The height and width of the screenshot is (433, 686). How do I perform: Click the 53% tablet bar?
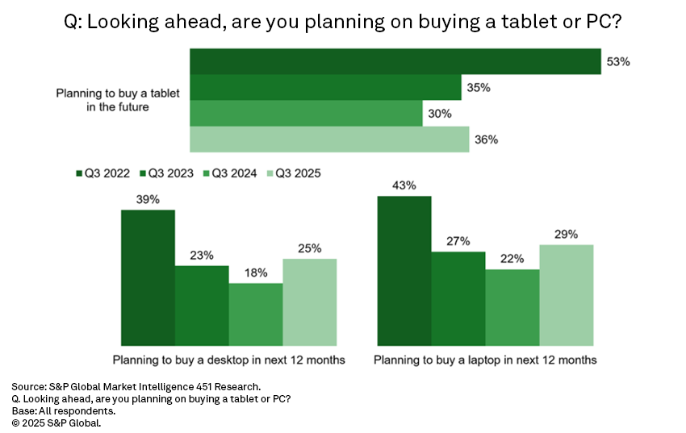395,62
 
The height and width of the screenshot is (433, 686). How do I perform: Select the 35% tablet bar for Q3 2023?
325,88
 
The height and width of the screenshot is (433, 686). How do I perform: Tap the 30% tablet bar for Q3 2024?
306,114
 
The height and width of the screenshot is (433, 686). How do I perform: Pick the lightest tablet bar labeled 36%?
328,139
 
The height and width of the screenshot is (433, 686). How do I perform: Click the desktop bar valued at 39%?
148,278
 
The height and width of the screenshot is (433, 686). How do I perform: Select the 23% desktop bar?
202,306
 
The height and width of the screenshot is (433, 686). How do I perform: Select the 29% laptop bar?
567,296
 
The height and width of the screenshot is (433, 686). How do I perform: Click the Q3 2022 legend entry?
104,173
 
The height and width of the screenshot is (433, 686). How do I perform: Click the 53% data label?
618,61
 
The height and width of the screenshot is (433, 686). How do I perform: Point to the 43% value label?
404,185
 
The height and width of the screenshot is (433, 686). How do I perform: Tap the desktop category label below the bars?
229,360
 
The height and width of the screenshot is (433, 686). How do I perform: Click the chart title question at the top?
343,22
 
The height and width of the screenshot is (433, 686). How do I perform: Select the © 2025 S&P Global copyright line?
57,422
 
